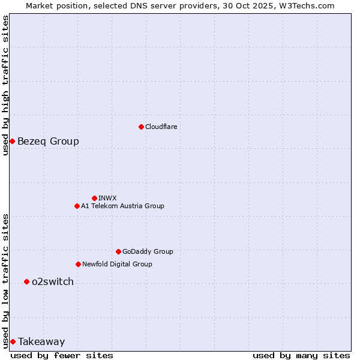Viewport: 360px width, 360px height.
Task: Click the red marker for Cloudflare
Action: (141, 127)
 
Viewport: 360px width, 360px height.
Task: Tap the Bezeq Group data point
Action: (12, 141)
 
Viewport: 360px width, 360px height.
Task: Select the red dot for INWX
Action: (94, 198)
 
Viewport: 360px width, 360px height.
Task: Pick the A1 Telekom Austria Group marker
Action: (77, 206)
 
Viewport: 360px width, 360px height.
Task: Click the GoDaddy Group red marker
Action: (118, 251)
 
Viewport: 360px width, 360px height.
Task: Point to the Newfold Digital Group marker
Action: (78, 264)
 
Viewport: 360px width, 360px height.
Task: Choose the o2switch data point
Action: (26, 281)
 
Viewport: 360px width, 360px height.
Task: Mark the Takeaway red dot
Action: (13, 341)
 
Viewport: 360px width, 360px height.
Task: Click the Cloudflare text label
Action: (161, 127)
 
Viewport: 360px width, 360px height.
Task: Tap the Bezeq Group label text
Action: (48, 141)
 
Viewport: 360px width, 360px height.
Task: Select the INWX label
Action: (107, 198)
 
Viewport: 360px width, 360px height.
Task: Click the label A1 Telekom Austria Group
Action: (122, 206)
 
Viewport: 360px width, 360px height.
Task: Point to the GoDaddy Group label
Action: (148, 251)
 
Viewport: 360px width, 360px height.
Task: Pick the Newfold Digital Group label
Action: (117, 264)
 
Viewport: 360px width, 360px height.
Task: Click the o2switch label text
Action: (53, 281)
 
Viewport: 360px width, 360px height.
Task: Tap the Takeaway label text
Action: (41, 341)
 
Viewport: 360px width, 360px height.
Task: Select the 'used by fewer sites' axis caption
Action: (62, 355)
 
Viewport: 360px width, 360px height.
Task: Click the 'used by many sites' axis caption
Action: (301, 355)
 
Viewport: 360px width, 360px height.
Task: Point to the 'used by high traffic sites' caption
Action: (5, 85)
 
